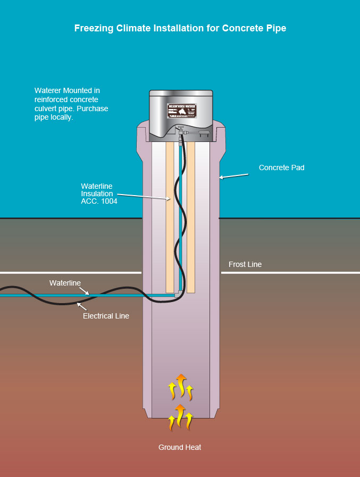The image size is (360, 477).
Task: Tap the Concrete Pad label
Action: pyautogui.click(x=281, y=168)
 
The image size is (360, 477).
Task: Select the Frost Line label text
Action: pyautogui.click(x=245, y=264)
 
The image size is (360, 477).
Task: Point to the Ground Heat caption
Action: pyautogui.click(x=180, y=447)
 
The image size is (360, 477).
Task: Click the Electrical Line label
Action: pyautogui.click(x=106, y=316)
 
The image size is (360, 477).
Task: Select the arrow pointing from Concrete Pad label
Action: pyautogui.click(x=233, y=175)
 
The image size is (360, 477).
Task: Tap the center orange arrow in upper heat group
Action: pyautogui.click(x=181, y=384)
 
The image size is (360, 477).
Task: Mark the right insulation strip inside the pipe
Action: pyautogui.click(x=190, y=218)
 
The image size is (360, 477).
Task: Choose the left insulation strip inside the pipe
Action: pyautogui.click(x=170, y=218)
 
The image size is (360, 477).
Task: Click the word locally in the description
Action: pyautogui.click(x=61, y=118)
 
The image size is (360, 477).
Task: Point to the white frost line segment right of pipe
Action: pyautogui.click(x=290, y=273)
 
